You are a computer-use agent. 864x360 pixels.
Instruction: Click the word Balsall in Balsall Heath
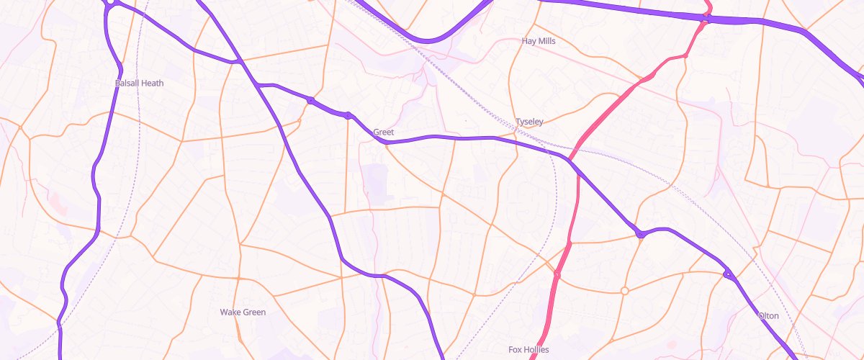[128, 84]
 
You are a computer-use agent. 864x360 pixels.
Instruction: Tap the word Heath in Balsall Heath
[152, 84]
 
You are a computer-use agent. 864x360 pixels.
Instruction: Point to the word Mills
[547, 42]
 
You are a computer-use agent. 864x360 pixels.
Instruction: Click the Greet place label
[383, 132]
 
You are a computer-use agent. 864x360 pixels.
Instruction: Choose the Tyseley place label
[529, 122]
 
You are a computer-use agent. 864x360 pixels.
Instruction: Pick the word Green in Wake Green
[253, 312]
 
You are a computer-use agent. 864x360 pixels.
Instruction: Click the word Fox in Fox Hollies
[516, 350]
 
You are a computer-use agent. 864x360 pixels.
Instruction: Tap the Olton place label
[768, 316]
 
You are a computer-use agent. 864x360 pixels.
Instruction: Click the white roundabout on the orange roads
[624, 291]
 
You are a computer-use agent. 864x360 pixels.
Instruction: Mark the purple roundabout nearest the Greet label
[348, 115]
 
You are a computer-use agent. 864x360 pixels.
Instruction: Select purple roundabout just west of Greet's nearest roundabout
[310, 101]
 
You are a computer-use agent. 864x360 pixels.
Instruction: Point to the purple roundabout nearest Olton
[727, 274]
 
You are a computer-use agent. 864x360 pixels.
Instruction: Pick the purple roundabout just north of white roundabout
[639, 234]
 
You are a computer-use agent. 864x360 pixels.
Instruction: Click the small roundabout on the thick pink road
[557, 274]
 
